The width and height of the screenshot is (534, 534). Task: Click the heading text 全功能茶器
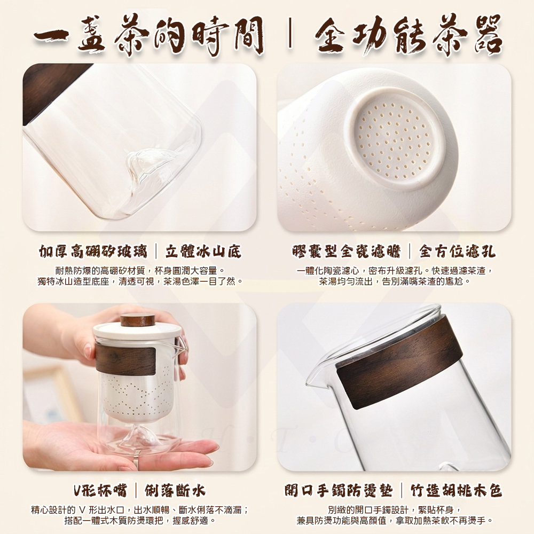(408, 35)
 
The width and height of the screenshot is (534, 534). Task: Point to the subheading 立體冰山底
(203, 252)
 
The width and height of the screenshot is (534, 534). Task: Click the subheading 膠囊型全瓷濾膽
(347, 252)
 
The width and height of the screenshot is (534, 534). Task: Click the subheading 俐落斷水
(175, 491)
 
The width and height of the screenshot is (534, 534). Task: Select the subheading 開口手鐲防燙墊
(339, 491)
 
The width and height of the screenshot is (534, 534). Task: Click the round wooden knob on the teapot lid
(137, 320)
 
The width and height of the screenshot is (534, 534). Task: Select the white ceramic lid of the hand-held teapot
(137, 332)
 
